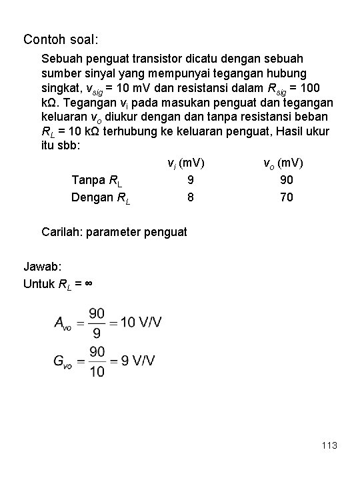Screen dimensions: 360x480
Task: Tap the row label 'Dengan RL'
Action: pyautogui.click(x=101, y=197)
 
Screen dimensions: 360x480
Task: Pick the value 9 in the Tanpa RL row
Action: pyautogui.click(x=191, y=180)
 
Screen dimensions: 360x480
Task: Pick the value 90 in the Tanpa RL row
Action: pyautogui.click(x=287, y=180)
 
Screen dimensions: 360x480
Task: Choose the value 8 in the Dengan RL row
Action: pyautogui.click(x=191, y=197)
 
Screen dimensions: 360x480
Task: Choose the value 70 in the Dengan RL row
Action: pyautogui.click(x=287, y=197)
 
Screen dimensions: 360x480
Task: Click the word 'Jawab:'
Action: pyautogui.click(x=41, y=267)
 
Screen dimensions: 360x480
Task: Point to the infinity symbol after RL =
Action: pyautogui.click(x=88, y=283)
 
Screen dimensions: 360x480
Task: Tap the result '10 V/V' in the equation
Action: pyautogui.click(x=141, y=323)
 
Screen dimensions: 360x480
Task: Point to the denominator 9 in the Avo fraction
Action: pyautogui.click(x=97, y=331)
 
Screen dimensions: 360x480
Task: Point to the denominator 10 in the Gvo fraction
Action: pyautogui.click(x=97, y=370)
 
